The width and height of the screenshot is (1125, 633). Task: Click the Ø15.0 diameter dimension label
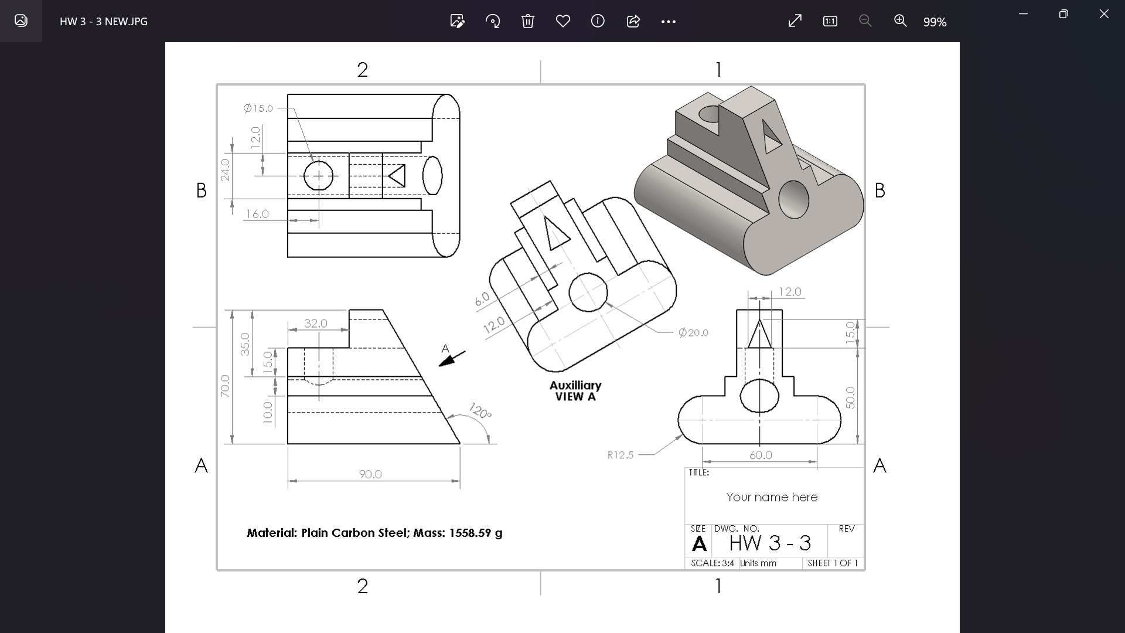coord(258,108)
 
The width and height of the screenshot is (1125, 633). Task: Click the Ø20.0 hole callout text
coord(693,333)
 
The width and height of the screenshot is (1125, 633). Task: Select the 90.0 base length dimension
coord(370,474)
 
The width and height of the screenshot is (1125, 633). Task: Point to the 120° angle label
coord(480,411)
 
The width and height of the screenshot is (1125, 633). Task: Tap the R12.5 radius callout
coord(621,455)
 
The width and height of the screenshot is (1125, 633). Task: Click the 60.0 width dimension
coord(761,455)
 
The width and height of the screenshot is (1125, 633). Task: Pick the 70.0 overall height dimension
coord(225,386)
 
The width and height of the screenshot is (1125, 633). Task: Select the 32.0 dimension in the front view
coord(315,324)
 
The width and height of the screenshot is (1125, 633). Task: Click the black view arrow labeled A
coord(452,359)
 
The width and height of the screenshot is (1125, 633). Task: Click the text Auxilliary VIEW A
coord(575,391)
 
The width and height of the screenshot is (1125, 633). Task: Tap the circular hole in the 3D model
coord(793,200)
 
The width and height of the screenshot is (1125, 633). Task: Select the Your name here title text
coord(772,497)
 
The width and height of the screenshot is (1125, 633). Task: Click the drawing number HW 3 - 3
coord(770,543)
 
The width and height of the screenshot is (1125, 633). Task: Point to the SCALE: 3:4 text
coord(712,563)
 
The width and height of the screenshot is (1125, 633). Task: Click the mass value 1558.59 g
coord(475,533)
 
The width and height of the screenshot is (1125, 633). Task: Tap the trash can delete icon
coord(527,21)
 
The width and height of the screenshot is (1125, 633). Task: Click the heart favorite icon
coord(562,21)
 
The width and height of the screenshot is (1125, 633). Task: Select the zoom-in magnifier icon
coord(900,21)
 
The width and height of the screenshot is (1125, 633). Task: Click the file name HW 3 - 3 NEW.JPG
coord(104,22)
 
